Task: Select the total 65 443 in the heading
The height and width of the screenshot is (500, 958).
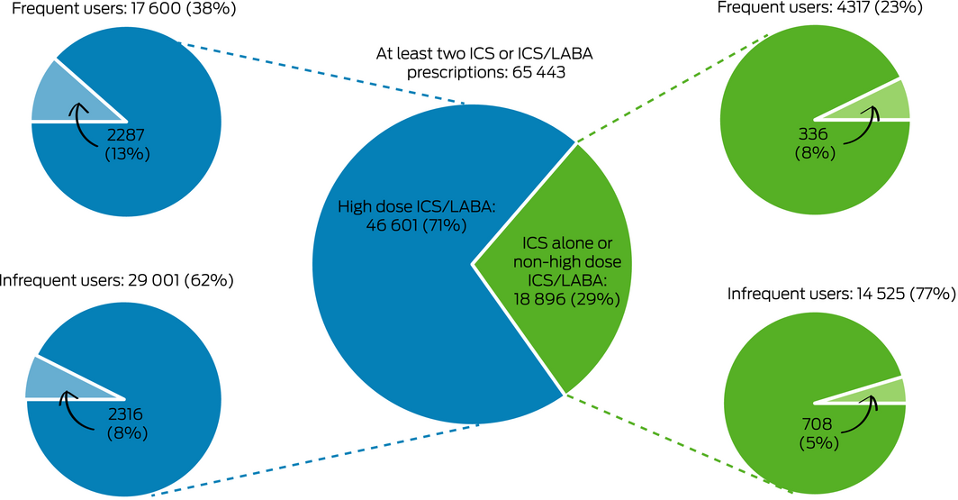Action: pyautogui.click(x=535, y=73)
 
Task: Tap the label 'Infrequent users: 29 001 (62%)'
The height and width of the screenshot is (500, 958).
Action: pyautogui.click(x=117, y=280)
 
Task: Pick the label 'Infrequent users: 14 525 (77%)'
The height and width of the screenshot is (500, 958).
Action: pyautogui.click(x=840, y=294)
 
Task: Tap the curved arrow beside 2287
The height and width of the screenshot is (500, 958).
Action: pyautogui.click(x=83, y=126)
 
